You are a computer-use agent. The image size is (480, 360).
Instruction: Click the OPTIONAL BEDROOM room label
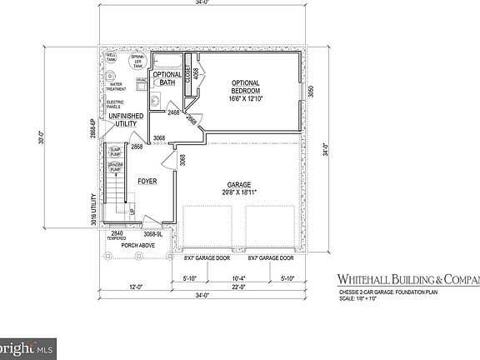click(x=245, y=87)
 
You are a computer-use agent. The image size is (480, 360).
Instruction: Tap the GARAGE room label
click(x=239, y=185)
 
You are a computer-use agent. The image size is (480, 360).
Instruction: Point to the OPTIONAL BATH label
click(x=167, y=78)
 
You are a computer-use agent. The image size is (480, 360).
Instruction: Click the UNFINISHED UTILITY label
click(x=121, y=120)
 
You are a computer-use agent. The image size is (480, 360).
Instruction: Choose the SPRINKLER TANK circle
click(x=136, y=62)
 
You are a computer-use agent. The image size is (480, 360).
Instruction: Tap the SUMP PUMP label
click(x=116, y=152)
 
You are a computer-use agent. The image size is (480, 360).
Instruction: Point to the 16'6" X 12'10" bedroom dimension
click(x=245, y=97)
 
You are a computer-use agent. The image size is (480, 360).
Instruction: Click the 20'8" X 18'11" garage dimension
click(x=239, y=192)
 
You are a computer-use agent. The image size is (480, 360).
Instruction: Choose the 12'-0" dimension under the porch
click(x=134, y=286)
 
